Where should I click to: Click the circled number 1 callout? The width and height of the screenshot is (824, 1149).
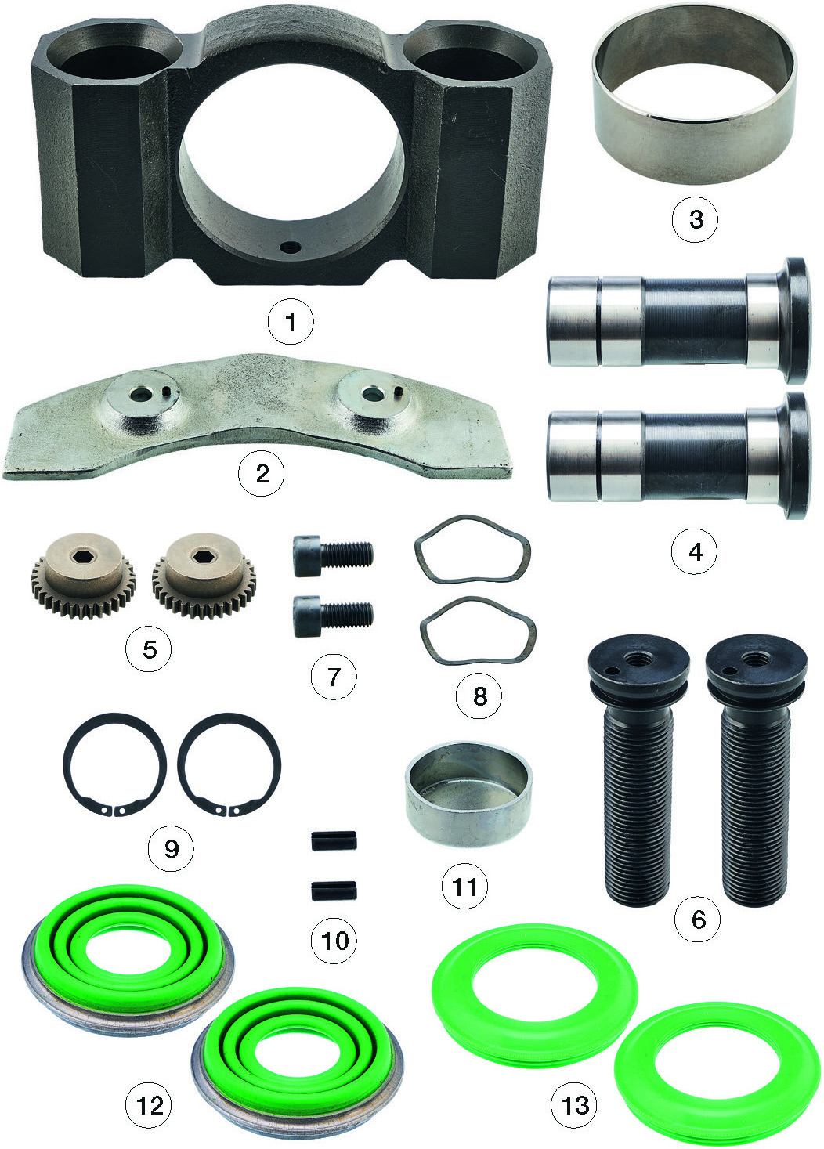tap(291, 323)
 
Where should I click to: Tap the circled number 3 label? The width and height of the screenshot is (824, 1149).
tap(696, 219)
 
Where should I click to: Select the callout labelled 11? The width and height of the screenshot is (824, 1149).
tap(464, 887)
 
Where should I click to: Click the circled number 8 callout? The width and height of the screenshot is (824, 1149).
tap(479, 696)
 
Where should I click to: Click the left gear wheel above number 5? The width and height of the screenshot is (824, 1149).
tap(83, 575)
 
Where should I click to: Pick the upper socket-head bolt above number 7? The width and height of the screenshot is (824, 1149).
tap(332, 555)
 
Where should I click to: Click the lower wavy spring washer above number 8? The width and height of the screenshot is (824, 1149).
tap(478, 632)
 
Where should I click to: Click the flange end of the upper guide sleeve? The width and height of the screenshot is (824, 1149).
tap(795, 320)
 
